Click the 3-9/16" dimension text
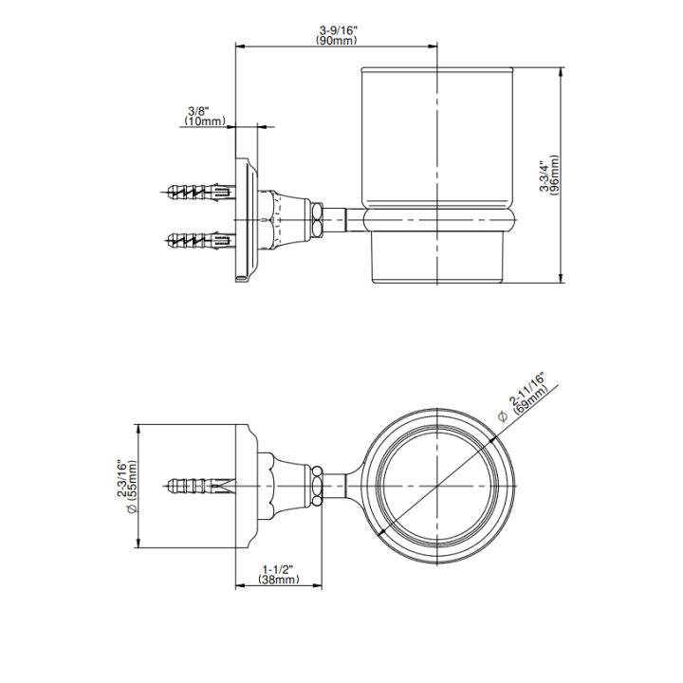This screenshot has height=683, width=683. point(338,30)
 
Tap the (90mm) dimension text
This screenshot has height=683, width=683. point(337,41)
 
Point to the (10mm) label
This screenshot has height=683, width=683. point(205,121)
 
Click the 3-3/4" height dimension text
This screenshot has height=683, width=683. point(545,176)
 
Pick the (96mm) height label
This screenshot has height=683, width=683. point(554,175)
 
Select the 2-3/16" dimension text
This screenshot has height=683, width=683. point(122,478)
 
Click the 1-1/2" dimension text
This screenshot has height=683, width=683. point(278,569)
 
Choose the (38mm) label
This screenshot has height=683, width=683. point(279,580)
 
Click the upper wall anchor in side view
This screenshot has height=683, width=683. point(201,192)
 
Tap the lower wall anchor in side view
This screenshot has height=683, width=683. point(201,239)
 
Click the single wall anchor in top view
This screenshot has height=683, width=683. point(201,485)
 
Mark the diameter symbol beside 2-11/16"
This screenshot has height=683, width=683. point(502,416)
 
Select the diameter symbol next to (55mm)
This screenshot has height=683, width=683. point(133,508)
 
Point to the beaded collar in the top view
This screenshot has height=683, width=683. point(318,486)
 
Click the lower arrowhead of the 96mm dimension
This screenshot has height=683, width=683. point(562,278)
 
